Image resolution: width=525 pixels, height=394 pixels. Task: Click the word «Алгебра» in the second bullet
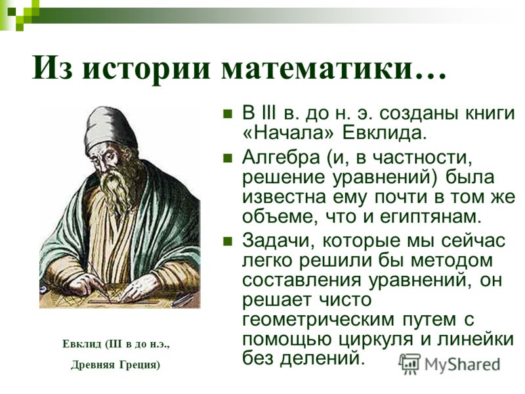pos(281,157)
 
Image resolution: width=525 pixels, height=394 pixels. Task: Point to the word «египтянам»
pos(430,217)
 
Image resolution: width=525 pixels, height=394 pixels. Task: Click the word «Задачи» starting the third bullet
pos(278,241)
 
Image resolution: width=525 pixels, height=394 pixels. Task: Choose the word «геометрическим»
pos(318,319)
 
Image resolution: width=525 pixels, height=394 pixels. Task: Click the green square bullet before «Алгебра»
pos(228,158)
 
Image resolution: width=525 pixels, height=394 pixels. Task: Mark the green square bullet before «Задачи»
pos(228,241)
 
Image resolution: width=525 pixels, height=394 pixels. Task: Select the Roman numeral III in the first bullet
pos(268,113)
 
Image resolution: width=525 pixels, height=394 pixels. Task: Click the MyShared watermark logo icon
pos(409,364)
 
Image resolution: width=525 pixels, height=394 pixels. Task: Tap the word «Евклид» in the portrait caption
pos(81,344)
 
